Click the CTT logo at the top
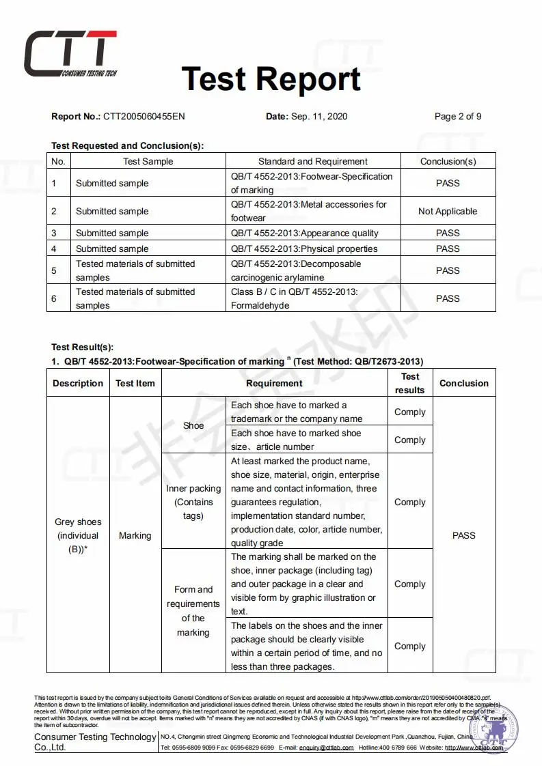coord(71,54)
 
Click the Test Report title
coord(271,79)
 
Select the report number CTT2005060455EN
coord(144,116)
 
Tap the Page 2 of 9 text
coord(458,116)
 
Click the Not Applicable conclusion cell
coord(448,211)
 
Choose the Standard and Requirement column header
coord(312,162)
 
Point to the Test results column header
coord(410,383)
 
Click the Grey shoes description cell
coord(78,535)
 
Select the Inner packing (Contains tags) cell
coord(193,502)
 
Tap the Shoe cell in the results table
coord(193,425)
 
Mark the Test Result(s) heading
coord(82,347)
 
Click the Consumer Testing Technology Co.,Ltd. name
coord(95,742)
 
